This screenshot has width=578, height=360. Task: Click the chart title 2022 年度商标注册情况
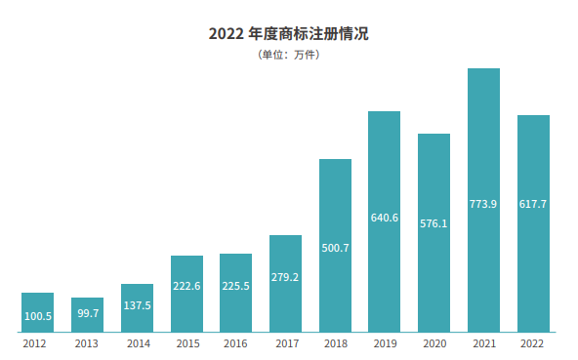coord(289,33)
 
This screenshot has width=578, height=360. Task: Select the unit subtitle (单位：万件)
coord(289,55)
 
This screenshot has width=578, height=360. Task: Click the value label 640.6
coord(385,218)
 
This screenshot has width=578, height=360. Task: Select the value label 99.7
coord(87,314)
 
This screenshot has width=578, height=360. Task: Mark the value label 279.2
coord(285,277)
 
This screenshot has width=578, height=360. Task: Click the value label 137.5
coord(137,305)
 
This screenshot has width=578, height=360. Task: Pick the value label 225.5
coord(235,286)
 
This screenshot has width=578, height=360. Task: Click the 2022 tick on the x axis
coord(533,343)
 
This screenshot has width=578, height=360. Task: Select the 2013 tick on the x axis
coord(87,343)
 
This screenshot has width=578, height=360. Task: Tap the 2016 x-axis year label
coord(235,343)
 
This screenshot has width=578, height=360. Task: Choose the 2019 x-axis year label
coord(385,343)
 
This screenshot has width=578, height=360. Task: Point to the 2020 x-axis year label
coord(433,343)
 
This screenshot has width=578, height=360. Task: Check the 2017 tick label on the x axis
coord(285,343)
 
